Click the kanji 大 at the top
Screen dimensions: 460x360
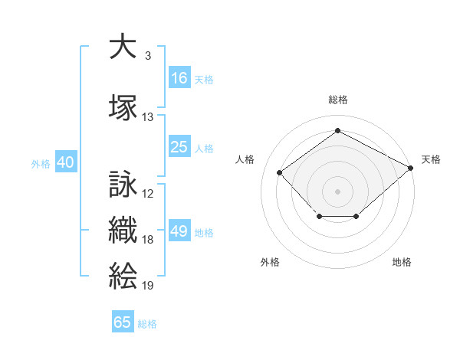point(123,46)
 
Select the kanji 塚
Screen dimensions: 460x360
point(123,107)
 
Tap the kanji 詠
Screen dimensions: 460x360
point(123,184)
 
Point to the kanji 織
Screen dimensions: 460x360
point(123,230)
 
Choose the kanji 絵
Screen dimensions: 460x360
point(123,276)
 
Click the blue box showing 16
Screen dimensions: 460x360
point(179,77)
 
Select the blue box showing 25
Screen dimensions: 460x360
point(179,146)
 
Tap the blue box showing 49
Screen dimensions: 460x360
point(179,230)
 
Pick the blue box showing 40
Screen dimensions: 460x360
point(66,162)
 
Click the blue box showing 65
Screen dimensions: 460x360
point(123,321)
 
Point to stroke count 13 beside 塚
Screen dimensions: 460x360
point(147,117)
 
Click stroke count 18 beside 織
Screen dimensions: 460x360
point(147,240)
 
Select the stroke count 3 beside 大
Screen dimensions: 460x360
point(148,56)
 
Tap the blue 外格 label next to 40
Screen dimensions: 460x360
point(41,164)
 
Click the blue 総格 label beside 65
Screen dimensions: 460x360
point(147,324)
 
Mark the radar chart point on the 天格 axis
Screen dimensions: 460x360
point(410,168)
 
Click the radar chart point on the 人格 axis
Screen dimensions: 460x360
point(279,172)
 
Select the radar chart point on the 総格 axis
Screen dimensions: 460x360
point(337,130)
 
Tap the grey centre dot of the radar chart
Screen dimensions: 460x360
point(337,191)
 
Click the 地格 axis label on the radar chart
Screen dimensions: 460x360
point(402,262)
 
